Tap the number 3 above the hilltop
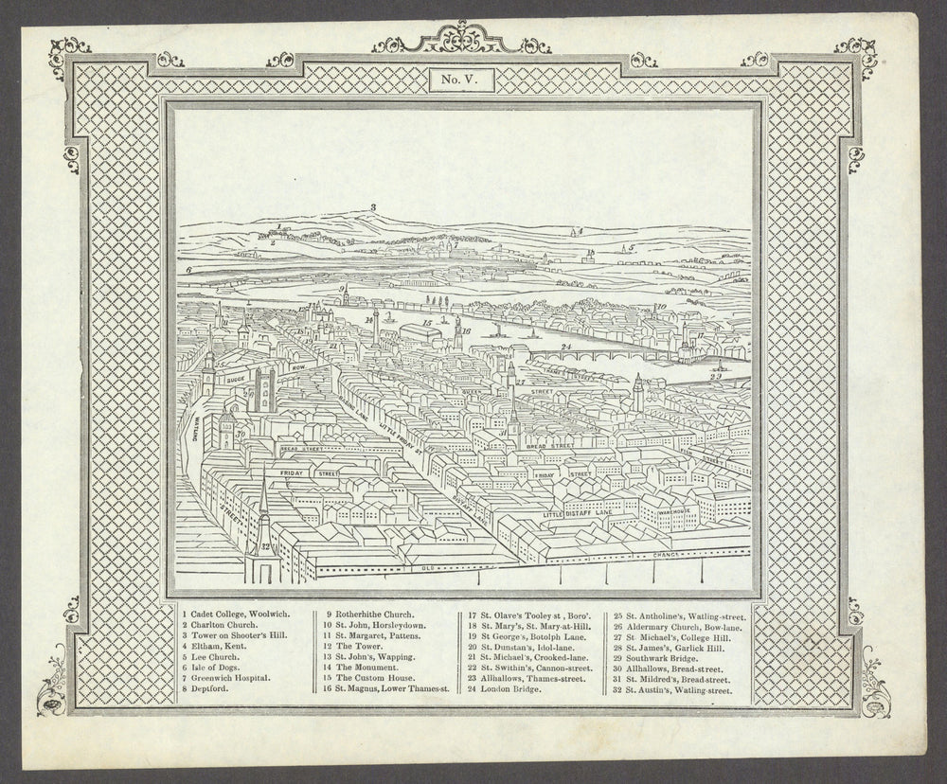point(373,207)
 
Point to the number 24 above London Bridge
point(565,347)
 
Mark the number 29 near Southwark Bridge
point(717,377)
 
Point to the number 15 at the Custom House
point(428,324)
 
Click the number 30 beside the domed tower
point(241,434)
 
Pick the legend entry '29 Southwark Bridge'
point(663,652)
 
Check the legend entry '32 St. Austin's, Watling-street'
point(672,690)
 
